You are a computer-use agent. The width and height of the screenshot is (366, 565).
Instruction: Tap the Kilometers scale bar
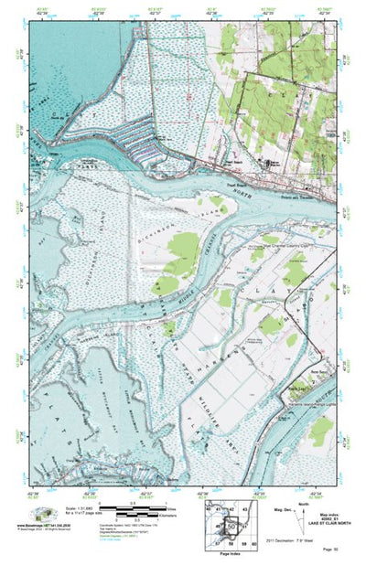coord(124,515)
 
